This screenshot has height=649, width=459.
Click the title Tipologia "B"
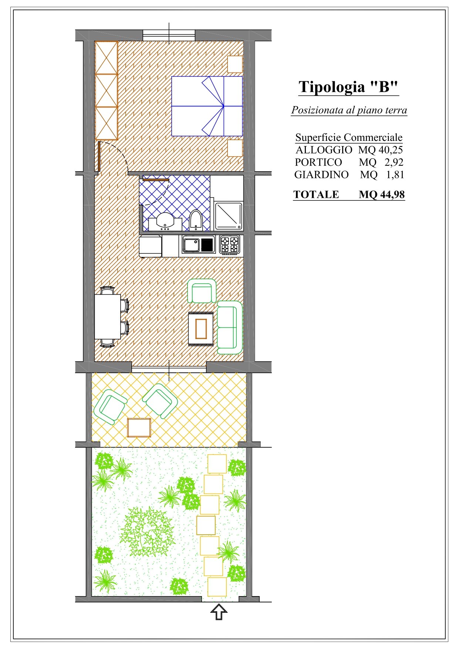(x=348, y=87)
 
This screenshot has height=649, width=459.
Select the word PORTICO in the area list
(x=318, y=162)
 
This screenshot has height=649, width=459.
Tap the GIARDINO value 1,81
(x=395, y=175)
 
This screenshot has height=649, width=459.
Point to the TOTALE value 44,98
(x=392, y=194)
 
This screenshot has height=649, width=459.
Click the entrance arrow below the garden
(x=219, y=612)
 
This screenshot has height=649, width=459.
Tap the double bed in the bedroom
(x=207, y=106)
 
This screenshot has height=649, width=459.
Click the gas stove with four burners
(x=229, y=244)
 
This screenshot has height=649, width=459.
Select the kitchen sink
(x=198, y=245)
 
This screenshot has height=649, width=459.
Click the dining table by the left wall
(x=108, y=317)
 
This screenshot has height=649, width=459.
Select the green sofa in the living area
(x=229, y=327)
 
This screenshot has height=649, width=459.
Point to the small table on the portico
(x=139, y=427)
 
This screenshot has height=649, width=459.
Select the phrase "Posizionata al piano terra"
(x=349, y=110)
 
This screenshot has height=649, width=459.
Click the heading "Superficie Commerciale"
(x=349, y=138)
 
